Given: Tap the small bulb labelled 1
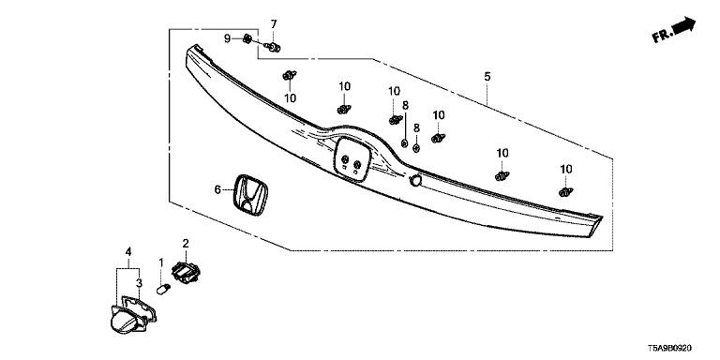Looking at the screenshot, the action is (x=163, y=290).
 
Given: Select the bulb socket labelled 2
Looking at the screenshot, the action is (x=187, y=271).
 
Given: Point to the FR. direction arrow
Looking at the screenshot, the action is (x=674, y=29).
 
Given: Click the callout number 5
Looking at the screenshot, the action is (x=487, y=76).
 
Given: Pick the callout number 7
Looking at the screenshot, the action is (x=274, y=23).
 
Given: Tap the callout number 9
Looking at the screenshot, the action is (x=227, y=38).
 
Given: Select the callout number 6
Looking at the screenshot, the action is (x=218, y=189).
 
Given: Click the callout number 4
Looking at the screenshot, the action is (x=128, y=251).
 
